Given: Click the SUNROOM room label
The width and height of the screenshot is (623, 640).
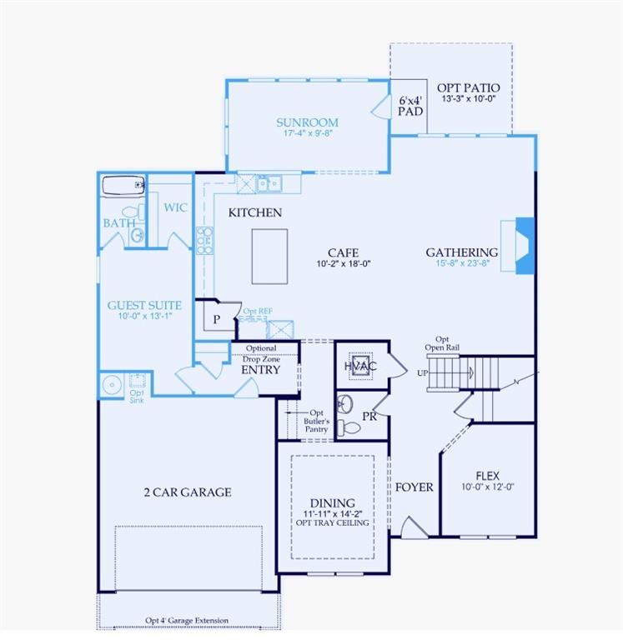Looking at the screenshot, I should pyautogui.click(x=307, y=122).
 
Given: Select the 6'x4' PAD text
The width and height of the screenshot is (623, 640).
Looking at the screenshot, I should pyautogui.click(x=409, y=105).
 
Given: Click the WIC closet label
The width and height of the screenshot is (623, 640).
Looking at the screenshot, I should pyautogui.click(x=175, y=207).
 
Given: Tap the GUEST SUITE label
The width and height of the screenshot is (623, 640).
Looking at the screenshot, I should pyautogui.click(x=144, y=306).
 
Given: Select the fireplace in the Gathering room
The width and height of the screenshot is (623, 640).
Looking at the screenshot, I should pyautogui.click(x=521, y=245).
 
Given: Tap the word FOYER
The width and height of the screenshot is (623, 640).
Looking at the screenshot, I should pyautogui.click(x=414, y=487).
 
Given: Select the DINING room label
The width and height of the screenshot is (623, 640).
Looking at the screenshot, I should pyautogui.click(x=332, y=503).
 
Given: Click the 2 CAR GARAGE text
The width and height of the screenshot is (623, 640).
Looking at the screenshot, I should pyautogui.click(x=187, y=492).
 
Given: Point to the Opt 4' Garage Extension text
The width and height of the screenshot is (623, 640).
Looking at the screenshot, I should pyautogui.click(x=187, y=621).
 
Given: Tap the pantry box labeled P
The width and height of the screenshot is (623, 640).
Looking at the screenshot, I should pyautogui.click(x=216, y=319).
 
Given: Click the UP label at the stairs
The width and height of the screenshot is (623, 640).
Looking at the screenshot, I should pyautogui.click(x=422, y=372).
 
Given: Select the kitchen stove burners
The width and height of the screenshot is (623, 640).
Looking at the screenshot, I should pyautogui.click(x=203, y=240).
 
